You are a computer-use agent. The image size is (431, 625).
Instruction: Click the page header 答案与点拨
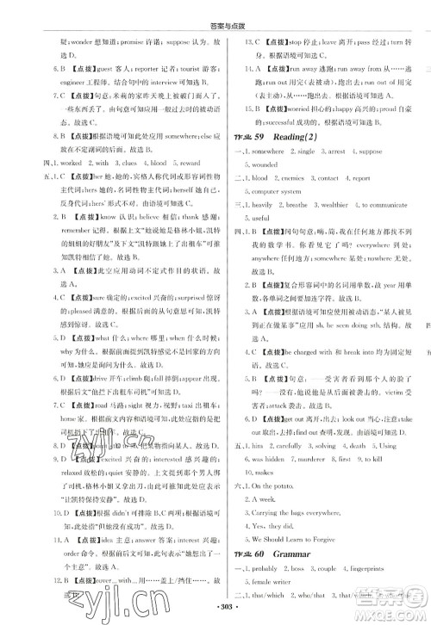point(215,7)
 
